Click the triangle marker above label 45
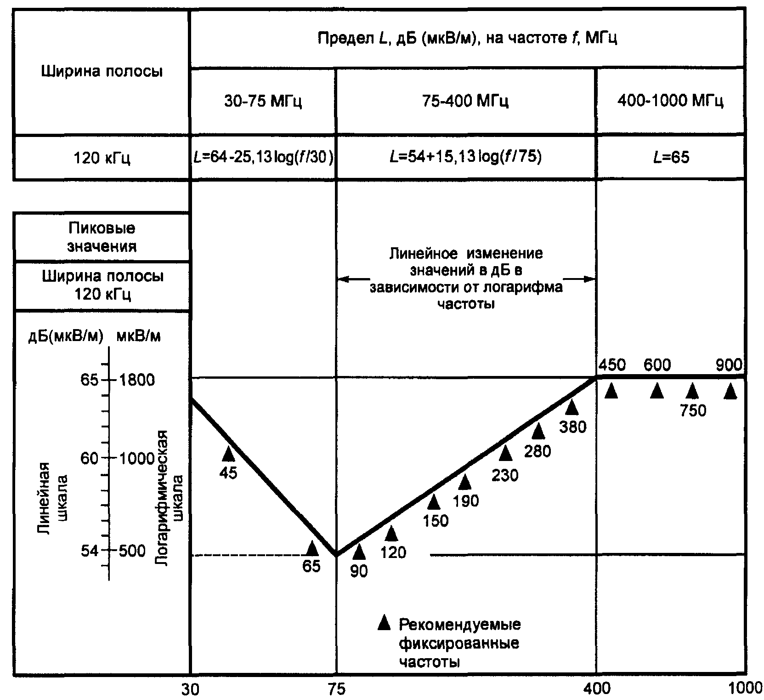(228, 454)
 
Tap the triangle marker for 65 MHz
(312, 548)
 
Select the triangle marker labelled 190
(465, 482)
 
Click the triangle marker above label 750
(692, 391)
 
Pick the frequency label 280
(538, 451)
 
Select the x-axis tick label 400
(596, 690)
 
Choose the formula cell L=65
(671, 158)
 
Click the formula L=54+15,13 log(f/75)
(465, 157)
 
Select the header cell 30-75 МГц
(263, 101)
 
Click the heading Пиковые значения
(102, 237)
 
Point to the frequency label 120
(393, 552)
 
